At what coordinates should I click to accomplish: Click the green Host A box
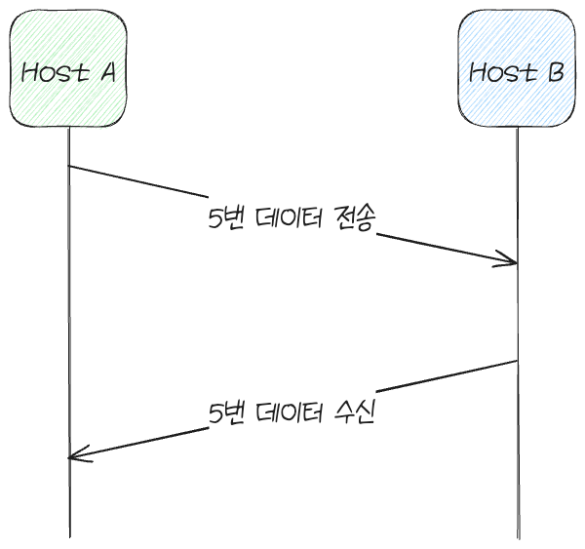pyautogui.click(x=68, y=68)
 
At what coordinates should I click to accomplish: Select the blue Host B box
pyautogui.click(x=517, y=68)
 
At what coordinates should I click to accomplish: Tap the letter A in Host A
pyautogui.click(x=107, y=72)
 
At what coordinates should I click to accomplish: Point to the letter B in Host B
pyautogui.click(x=556, y=72)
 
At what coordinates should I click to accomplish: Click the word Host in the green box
pyautogui.click(x=56, y=72)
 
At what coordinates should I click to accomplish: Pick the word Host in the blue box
pyautogui.click(x=503, y=72)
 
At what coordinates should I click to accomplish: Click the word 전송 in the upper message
pyautogui.click(x=355, y=218)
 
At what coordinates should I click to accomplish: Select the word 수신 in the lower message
pyautogui.click(x=355, y=412)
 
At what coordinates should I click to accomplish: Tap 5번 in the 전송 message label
pyautogui.click(x=226, y=218)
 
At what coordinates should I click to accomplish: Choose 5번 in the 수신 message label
pyautogui.click(x=226, y=412)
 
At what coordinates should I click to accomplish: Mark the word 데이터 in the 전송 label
pyautogui.click(x=290, y=218)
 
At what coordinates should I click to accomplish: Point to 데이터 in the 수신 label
pyautogui.click(x=290, y=412)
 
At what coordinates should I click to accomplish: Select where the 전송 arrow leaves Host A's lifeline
pyautogui.click(x=68, y=166)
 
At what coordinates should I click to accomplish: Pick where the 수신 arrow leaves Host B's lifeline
pyautogui.click(x=517, y=361)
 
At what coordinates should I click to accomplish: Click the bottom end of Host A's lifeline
pyautogui.click(x=70, y=537)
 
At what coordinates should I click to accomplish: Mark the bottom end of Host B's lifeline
pyautogui.click(x=519, y=538)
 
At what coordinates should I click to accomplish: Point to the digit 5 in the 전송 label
pyautogui.click(x=215, y=218)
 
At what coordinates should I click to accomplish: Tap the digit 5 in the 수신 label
pyautogui.click(x=215, y=413)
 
